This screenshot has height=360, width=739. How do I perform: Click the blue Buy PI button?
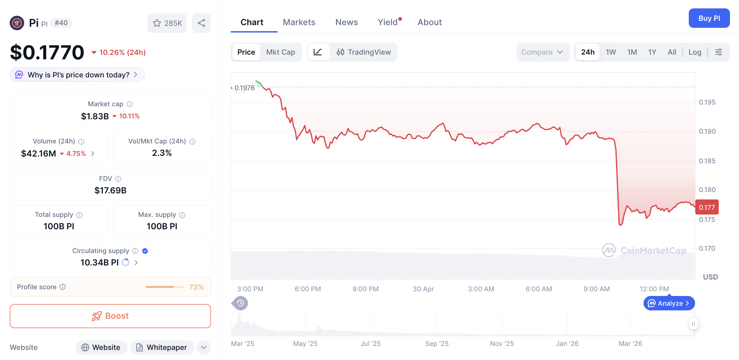709,18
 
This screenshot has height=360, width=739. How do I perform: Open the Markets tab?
299,22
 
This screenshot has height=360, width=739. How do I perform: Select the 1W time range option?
610,52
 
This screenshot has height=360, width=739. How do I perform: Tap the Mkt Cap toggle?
280,52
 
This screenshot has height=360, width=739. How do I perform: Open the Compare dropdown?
542,52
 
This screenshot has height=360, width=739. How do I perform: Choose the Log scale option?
694,52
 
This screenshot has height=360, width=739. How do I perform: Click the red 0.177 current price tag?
707,207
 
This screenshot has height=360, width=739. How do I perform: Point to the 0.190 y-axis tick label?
707,131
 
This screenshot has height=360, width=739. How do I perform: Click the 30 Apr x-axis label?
423,289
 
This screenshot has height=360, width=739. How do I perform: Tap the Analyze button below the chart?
669,303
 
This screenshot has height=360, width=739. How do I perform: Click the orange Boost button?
110,316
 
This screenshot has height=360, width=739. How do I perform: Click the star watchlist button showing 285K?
167,23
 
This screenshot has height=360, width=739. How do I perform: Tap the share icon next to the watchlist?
201,23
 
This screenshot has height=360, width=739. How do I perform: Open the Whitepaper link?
162,347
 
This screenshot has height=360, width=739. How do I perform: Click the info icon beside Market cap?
130,104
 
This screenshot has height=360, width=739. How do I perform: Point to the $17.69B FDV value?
110,190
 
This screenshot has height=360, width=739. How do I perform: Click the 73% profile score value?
196,287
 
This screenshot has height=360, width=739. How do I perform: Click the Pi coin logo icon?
17,23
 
